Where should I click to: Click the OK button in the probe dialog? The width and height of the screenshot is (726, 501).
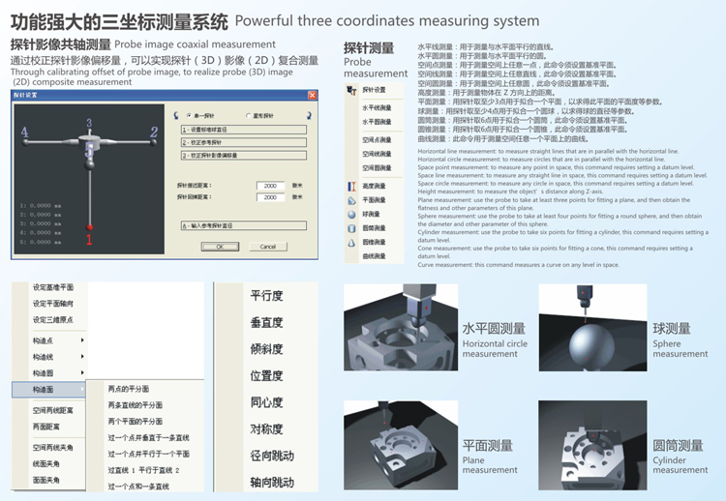point(220,247)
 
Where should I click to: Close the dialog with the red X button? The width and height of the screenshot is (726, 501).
point(312,96)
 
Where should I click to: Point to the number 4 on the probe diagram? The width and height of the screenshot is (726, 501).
point(24,132)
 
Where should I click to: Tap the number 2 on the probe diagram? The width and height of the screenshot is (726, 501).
point(153,132)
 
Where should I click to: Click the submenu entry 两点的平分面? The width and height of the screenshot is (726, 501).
point(135,389)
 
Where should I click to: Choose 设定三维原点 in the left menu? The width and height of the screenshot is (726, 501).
point(52,319)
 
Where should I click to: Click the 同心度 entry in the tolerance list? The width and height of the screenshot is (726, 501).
point(266,402)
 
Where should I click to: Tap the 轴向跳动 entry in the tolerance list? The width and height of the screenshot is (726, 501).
point(272,482)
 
